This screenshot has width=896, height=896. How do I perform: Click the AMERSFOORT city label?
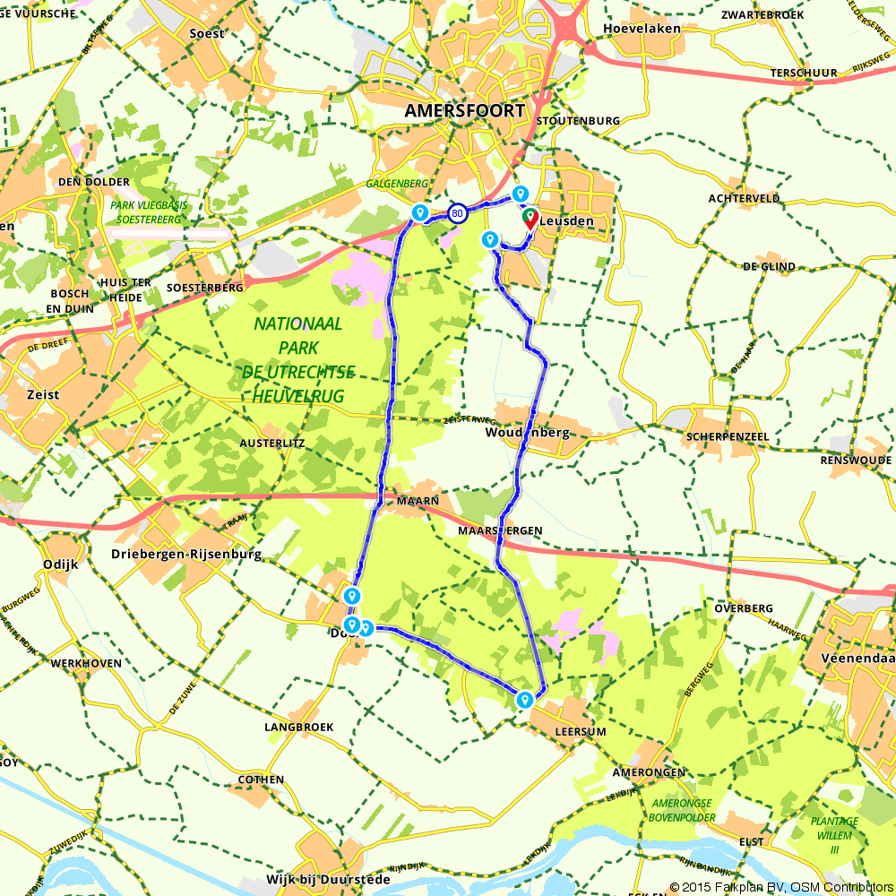click(x=465, y=111)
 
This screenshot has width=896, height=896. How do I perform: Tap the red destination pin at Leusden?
click(x=530, y=218)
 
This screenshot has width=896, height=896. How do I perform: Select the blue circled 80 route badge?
click(x=458, y=213)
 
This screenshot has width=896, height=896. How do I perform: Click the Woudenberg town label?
click(x=528, y=433)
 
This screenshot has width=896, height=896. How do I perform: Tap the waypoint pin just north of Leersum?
click(x=524, y=699)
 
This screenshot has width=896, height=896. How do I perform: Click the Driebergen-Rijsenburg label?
click(x=186, y=555)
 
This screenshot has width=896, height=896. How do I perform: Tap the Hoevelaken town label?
click(x=642, y=28)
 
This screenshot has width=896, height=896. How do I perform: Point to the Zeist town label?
click(x=43, y=394)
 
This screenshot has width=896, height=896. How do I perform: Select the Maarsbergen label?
click(x=500, y=530)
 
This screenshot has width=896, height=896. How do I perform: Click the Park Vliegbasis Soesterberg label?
click(x=149, y=211)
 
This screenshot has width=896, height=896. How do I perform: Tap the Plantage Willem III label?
click(x=834, y=833)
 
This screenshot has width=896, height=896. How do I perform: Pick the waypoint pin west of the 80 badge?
click(x=418, y=211)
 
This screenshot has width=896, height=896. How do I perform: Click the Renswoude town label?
click(x=856, y=460)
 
